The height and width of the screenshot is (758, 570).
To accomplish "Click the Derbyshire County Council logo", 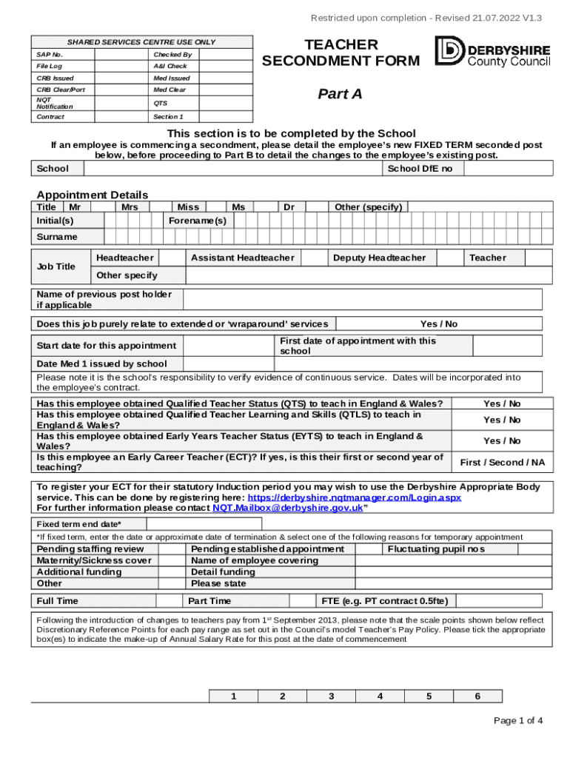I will click(493, 51).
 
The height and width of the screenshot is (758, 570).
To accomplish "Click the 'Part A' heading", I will click(340, 93).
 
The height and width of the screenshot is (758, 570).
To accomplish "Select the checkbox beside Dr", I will click(317, 207).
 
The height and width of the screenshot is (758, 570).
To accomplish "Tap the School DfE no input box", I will click(503, 169).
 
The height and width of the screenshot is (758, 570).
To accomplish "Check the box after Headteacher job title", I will click(172, 258).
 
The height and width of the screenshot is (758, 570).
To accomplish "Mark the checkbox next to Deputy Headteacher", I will click(448, 258).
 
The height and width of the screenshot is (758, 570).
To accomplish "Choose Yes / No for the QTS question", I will click(501, 404).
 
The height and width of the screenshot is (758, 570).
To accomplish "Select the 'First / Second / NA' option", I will click(501, 463).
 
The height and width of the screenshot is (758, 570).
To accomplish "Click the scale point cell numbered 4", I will click(380, 697).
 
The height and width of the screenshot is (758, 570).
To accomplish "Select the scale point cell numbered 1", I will click(233, 697).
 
